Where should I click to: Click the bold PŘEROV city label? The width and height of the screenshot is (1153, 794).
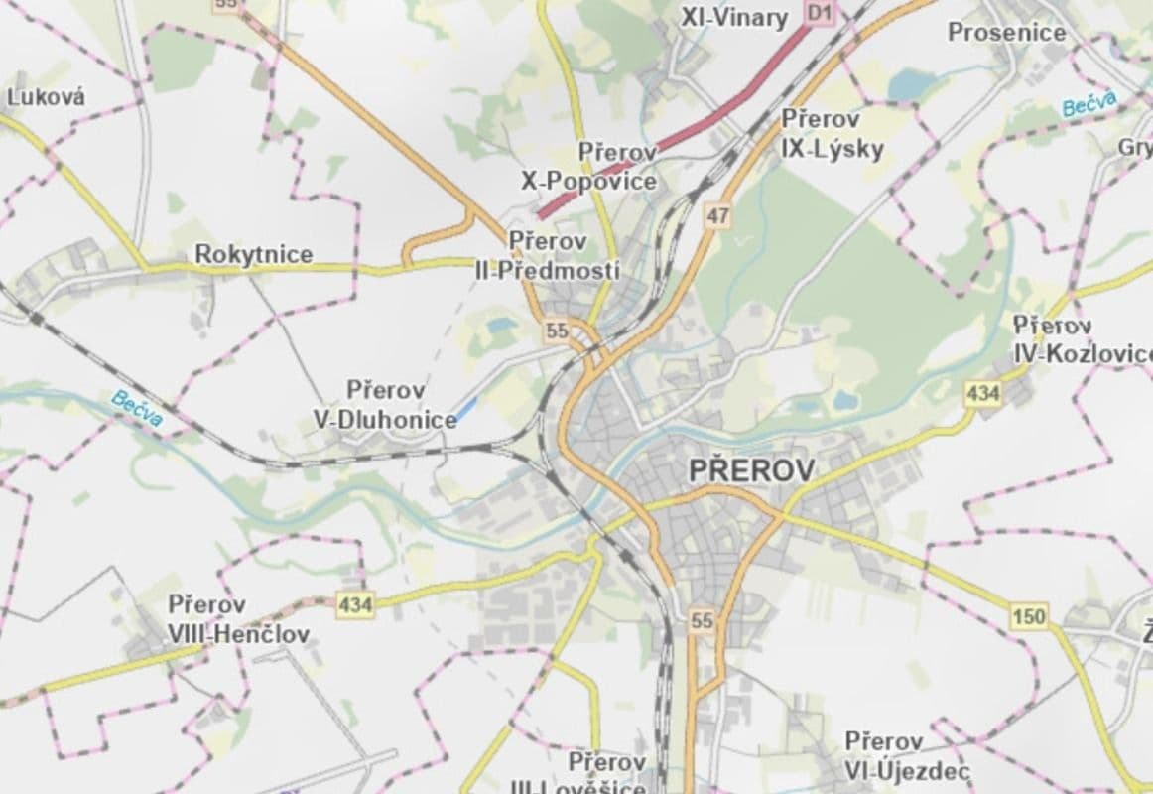pos(751,470)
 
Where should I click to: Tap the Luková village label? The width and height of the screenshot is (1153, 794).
pos(46,97)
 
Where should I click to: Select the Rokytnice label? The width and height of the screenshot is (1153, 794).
pos(253,254)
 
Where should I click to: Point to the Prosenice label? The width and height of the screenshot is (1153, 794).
pos(1006,32)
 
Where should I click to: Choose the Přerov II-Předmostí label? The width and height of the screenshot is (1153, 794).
pos(548,255)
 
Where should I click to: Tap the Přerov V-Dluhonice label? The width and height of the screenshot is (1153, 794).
pos(385,404)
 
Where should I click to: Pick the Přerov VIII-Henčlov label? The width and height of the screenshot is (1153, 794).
pos(238,619)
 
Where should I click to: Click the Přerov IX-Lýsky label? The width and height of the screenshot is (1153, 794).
pos(832,134)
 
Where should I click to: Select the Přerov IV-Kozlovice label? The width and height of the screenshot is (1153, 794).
pos(1081,339)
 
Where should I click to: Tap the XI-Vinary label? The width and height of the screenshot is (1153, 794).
pos(734,17)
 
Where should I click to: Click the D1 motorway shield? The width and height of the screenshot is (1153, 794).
pos(818,12)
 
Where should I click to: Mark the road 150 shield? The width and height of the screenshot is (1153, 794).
pos(1029,617)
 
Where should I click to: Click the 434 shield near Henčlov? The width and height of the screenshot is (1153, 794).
pos(354,603)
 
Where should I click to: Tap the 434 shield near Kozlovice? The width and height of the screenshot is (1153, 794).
pos(982,394)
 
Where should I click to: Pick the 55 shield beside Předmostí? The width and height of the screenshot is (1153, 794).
pos(557,331)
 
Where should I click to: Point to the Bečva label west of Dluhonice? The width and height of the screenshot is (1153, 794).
pos(136,408)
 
